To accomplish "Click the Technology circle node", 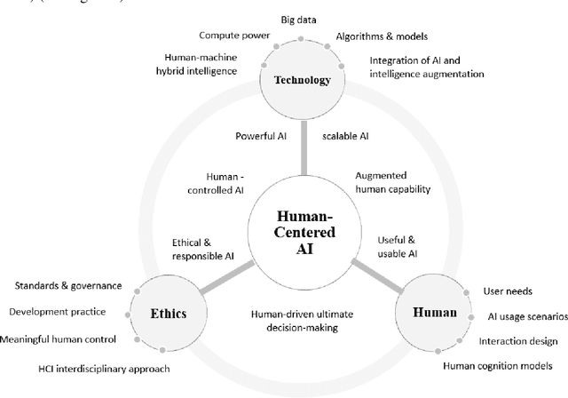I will [x=303, y=79].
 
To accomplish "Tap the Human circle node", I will [x=435, y=313].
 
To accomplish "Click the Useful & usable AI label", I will [x=396, y=247].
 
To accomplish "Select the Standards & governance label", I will [x=68, y=286].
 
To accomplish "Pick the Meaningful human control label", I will [x=60, y=339].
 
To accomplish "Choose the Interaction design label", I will [x=517, y=340].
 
